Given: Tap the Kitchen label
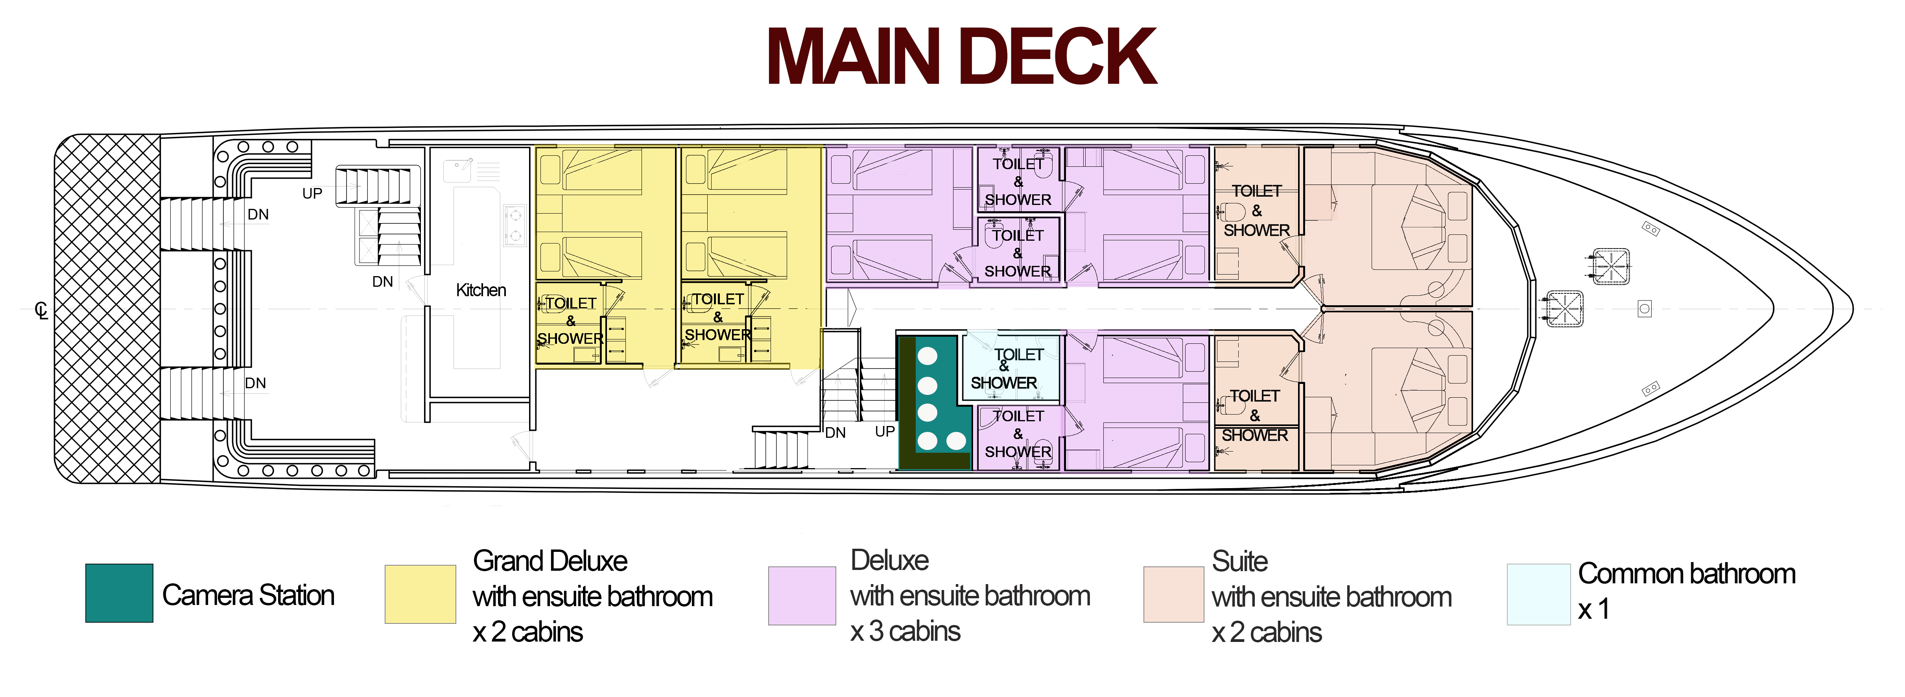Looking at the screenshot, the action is (481, 290).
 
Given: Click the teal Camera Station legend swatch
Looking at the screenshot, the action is (119, 593).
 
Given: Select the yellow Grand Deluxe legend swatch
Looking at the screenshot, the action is (420, 594).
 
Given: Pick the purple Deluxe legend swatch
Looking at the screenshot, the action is (802, 596).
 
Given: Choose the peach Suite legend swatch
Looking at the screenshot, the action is (1174, 594).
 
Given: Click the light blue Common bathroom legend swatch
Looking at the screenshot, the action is (1538, 594).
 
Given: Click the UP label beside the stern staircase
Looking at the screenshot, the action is (312, 194).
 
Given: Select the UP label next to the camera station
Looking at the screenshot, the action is (885, 431).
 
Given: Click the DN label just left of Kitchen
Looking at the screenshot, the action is (382, 282).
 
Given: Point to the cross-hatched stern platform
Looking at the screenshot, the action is (108, 309).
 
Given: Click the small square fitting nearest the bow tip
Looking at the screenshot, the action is (1645, 308).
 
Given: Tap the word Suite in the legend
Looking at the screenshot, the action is (1239, 561).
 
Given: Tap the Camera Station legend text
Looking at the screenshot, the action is (249, 595).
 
